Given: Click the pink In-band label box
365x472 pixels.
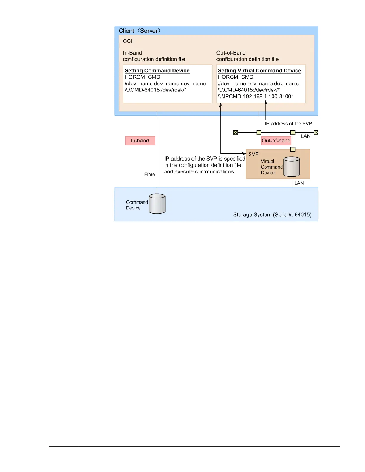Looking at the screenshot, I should (140, 141).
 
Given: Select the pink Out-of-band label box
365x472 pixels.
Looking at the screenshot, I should (276, 141).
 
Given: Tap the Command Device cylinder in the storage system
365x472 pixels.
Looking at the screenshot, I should (157, 204).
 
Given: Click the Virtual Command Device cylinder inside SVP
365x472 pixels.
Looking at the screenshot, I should (291, 167).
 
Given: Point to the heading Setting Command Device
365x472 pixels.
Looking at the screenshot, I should (157, 71).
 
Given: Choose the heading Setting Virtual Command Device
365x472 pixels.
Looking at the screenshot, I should (259, 71).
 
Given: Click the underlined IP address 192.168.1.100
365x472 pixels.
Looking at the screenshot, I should (260, 97).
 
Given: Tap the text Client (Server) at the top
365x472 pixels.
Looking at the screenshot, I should (139, 31).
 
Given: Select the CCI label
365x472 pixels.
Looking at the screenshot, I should (127, 41).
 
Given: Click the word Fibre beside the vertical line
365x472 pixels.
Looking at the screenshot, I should (149, 174).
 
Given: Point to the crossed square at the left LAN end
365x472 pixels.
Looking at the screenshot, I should (236, 132).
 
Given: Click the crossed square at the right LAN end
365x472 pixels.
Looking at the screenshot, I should (316, 132).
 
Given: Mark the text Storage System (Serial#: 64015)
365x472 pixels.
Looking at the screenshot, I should (272, 215).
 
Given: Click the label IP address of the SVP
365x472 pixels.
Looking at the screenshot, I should (288, 124).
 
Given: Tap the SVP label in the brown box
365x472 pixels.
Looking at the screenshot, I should (253, 154).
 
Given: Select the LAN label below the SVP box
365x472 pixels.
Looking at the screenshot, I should (299, 183).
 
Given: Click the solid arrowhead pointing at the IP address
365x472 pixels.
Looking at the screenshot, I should (266, 103).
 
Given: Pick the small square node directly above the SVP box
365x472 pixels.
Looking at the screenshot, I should (293, 149).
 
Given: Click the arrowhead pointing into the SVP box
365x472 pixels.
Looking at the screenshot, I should (244, 153).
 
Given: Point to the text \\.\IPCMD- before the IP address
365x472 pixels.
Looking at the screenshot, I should (230, 97).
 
